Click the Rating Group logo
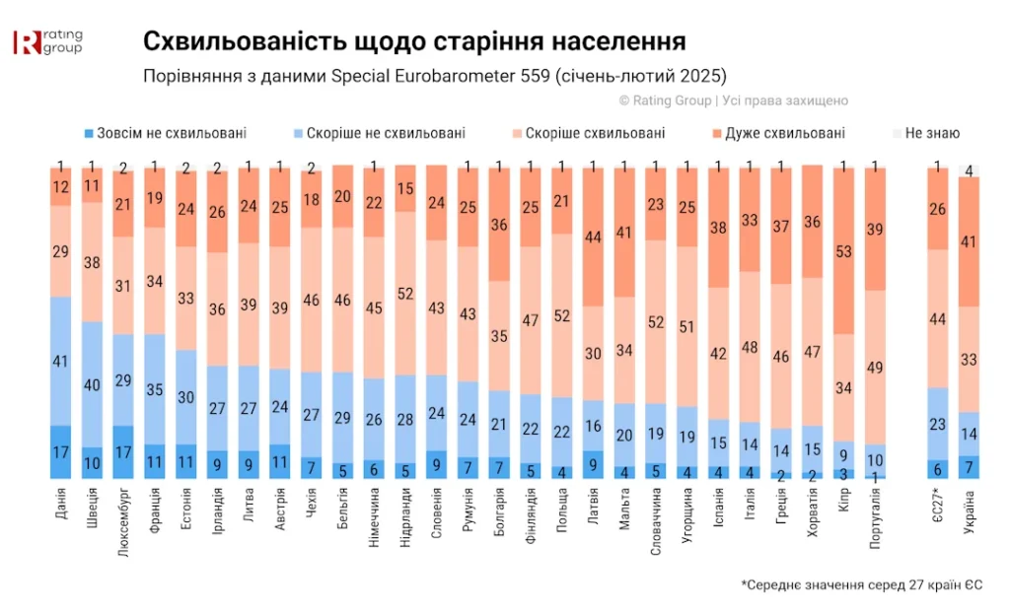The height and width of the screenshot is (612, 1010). [x=48, y=41]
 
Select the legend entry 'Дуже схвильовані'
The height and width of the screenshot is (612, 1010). [x=779, y=133]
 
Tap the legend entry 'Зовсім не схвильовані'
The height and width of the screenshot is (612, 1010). [x=166, y=133]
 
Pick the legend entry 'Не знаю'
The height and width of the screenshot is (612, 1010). [x=926, y=133]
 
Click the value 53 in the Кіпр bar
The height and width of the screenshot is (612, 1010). [x=844, y=251]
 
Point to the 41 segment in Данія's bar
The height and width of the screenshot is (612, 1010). [x=60, y=361]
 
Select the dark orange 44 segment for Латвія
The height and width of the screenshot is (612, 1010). [x=593, y=238]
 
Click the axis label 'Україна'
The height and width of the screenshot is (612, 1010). [x=969, y=512]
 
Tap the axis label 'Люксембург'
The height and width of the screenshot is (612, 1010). [x=123, y=522]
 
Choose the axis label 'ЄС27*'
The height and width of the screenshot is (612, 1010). [x=938, y=506]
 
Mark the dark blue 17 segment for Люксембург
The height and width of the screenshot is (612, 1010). [x=123, y=451]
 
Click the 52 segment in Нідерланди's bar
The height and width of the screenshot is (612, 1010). [x=405, y=294]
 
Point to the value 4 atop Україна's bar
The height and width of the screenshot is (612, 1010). [x=969, y=171]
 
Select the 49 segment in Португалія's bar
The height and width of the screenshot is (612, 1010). [x=875, y=368]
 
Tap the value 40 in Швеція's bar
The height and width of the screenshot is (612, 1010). [x=92, y=384]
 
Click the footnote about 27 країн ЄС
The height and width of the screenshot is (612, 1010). [x=862, y=584]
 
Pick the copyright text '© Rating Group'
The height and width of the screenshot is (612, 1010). [x=666, y=101]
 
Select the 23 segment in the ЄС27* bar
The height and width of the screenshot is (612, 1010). [x=938, y=424]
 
